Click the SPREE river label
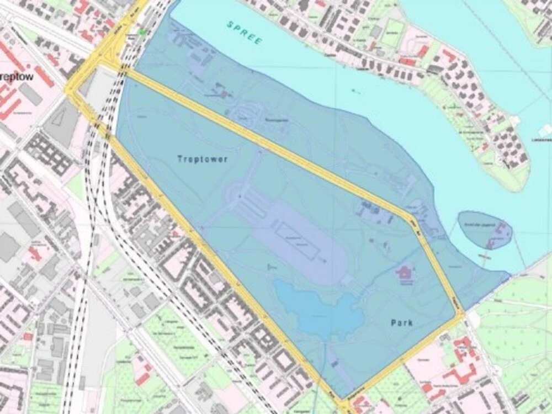(245, 33)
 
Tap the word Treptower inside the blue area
(203, 159)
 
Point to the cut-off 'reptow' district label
(16, 77)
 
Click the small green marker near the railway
(144, 33)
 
